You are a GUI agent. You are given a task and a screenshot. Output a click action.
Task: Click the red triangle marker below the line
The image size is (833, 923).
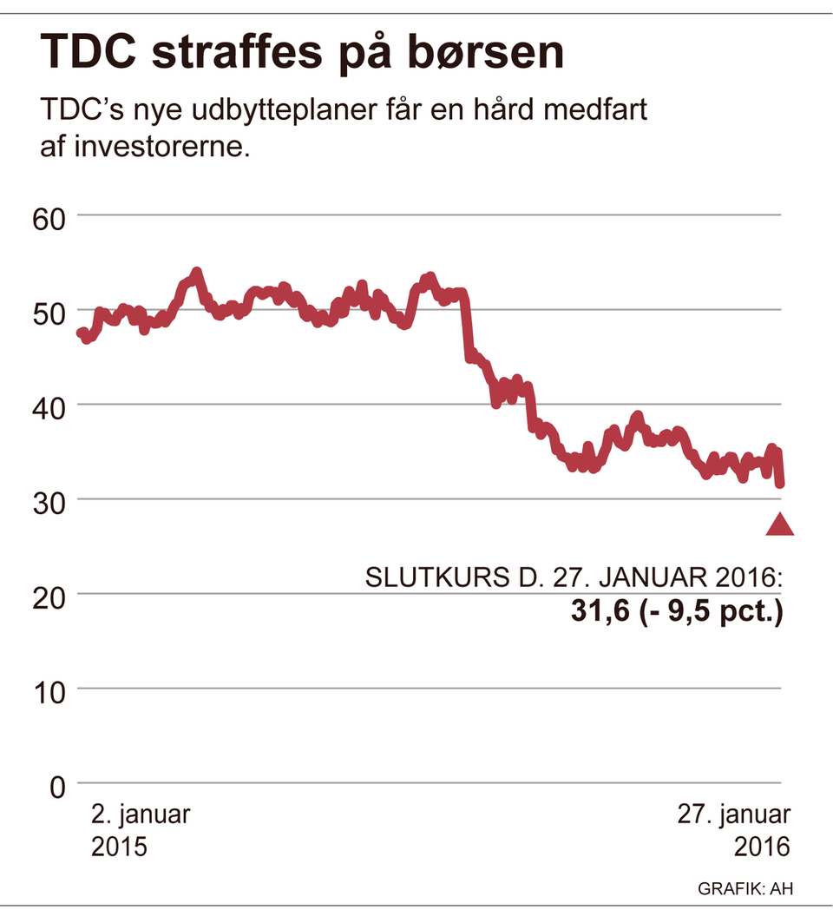(x=779, y=524)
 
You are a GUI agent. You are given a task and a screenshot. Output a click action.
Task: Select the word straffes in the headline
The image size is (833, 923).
(x=242, y=54)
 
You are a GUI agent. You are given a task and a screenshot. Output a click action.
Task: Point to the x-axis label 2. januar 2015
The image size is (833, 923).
(x=141, y=830)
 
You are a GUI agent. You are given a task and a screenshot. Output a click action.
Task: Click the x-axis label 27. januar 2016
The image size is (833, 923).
(x=734, y=830)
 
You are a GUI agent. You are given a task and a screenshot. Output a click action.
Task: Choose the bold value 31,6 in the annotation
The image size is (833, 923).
(x=600, y=612)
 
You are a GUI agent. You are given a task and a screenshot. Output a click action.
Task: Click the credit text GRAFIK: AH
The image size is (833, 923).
(x=744, y=888)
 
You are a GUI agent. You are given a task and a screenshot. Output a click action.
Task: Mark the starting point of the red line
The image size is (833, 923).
(x=81, y=333)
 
